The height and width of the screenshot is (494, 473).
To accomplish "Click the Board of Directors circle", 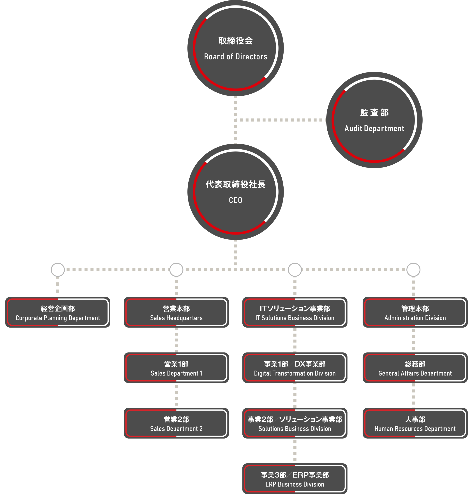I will point(235,48).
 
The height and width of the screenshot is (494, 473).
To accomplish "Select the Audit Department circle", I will point(374,120).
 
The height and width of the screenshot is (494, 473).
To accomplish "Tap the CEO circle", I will point(235,192).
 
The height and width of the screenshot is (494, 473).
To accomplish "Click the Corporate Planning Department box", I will point(58,312).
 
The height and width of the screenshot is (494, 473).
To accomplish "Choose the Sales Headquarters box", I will point(176,312).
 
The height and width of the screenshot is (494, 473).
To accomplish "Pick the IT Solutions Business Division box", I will point(295,312).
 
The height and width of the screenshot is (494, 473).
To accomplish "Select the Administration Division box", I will point(415,312).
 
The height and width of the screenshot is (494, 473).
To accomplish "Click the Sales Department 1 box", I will point(176,368).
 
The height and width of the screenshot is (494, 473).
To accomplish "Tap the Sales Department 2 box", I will point(176,423).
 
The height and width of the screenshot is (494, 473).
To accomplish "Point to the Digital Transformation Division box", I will point(295,368).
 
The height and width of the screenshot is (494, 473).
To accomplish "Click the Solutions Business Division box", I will point(295,423).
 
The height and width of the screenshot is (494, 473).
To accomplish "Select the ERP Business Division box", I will point(295,479).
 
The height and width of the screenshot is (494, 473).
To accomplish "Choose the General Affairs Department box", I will point(415,368).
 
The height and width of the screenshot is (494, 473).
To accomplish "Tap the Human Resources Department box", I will point(415,423).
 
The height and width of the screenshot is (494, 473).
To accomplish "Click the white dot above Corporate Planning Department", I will point(58,270).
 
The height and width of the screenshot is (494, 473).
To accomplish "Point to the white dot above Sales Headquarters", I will point(176,270).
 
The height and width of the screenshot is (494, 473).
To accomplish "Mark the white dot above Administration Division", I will point(413,270).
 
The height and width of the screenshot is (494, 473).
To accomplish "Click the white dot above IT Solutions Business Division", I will point(295,270).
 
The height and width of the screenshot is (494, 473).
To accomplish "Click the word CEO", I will point(235,200).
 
